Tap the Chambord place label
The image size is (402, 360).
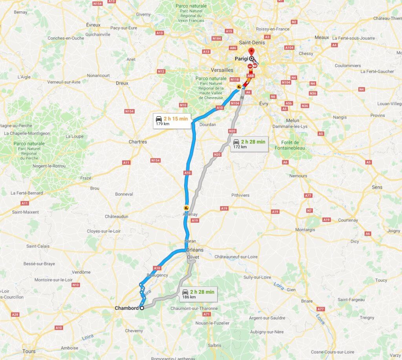[x=126, y=308]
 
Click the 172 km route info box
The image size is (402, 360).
[x=249, y=144]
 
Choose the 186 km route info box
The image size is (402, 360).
[x=198, y=294]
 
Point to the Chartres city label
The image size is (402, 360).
[x=138, y=142]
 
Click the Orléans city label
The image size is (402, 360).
[x=195, y=250]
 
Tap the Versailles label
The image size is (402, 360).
[x=222, y=70]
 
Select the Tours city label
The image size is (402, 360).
[x=29, y=351]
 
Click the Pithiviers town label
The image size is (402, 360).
[x=240, y=195]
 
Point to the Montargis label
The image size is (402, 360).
[x=305, y=229]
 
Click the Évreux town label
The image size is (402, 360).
[x=93, y=25]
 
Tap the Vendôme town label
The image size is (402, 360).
[x=82, y=272]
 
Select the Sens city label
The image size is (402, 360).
[x=377, y=187]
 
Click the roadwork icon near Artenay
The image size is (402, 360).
[x=186, y=208]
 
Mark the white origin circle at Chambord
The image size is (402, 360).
[x=142, y=308]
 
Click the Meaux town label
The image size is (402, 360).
[x=322, y=37]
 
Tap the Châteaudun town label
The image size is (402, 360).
[x=117, y=216]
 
